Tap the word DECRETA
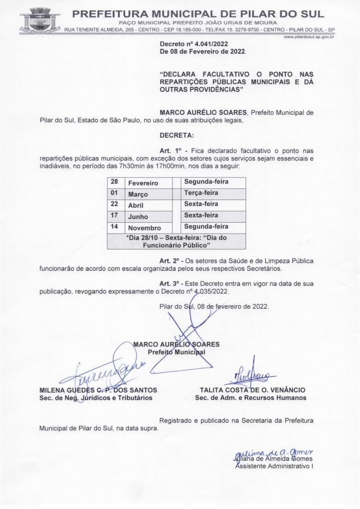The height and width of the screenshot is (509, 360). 177,135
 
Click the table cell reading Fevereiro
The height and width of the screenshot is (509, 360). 143,183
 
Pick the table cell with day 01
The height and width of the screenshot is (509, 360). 114,193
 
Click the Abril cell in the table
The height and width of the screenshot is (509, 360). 138,205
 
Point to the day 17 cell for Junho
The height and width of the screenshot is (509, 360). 114,216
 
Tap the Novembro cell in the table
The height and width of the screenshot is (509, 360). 145,228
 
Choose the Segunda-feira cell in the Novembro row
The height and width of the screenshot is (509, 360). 206,227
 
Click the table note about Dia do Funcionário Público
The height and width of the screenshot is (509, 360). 177,241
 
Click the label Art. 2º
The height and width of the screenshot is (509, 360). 172,261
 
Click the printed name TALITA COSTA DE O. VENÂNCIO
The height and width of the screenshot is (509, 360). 253,390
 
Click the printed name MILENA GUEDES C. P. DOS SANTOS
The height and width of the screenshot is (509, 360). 98,390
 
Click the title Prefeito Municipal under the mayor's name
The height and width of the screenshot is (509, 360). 177,352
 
